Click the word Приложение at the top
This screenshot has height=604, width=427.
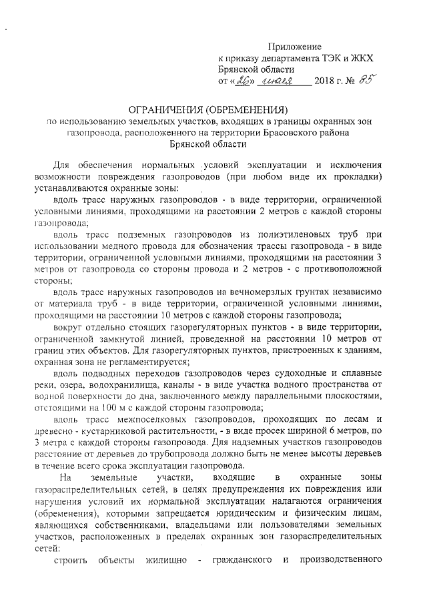click(x=295, y=47)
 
